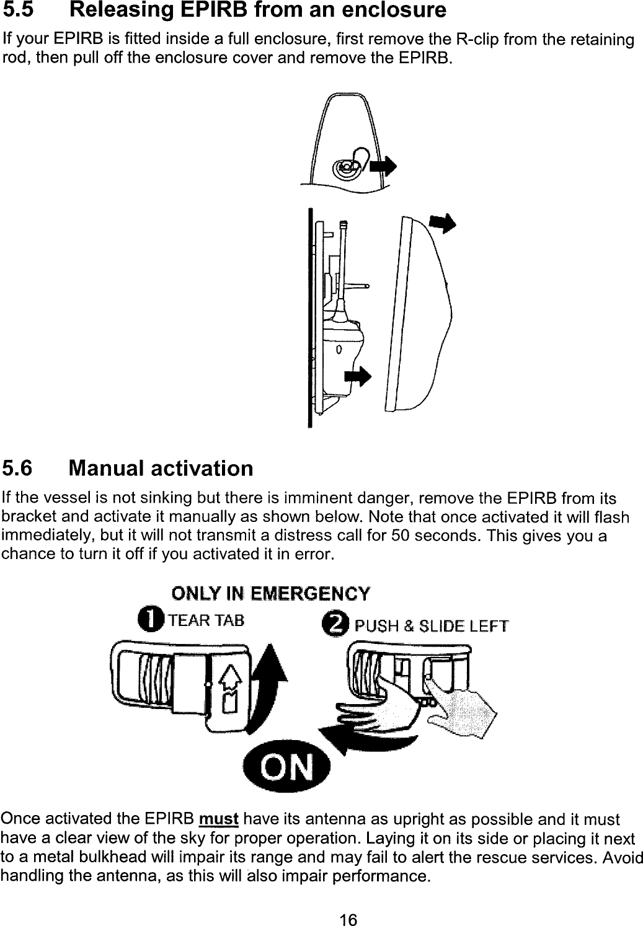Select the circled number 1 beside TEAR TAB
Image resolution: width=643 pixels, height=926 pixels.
click(149, 619)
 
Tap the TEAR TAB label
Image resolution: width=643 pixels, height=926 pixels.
click(205, 619)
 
